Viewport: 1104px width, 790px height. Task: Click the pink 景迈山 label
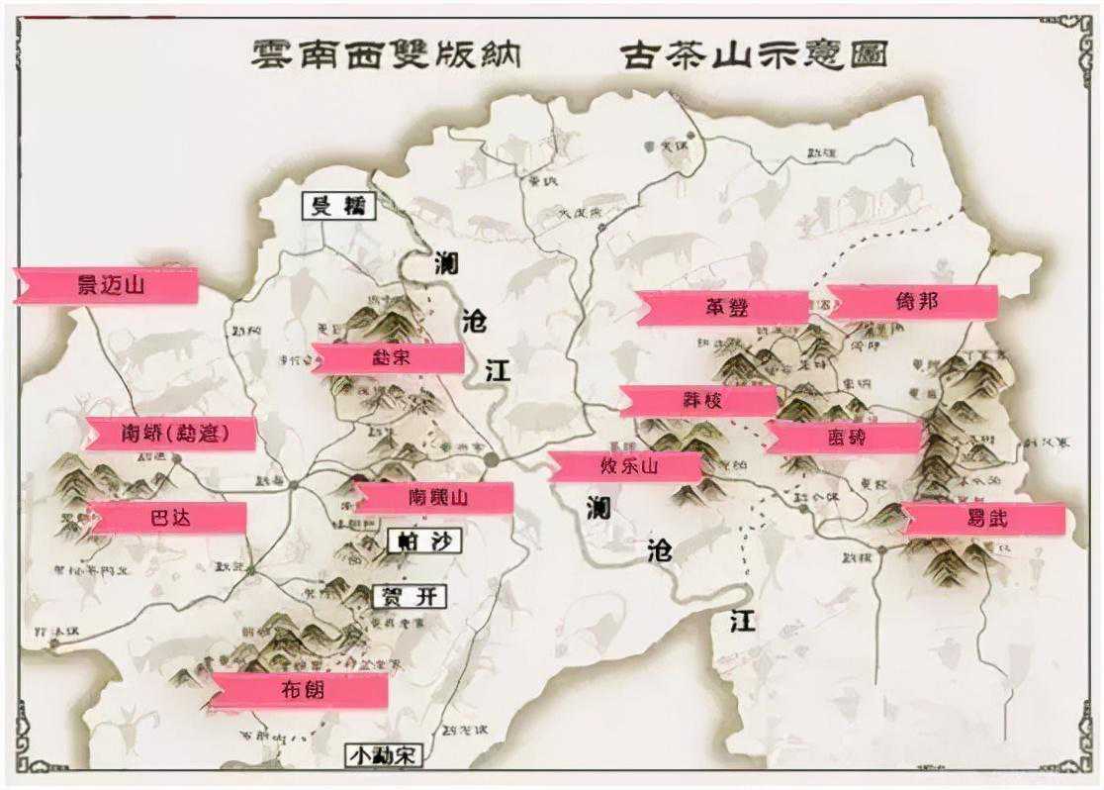click(x=109, y=285)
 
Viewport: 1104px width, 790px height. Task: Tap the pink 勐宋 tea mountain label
click(x=389, y=358)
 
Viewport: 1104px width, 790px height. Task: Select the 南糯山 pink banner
click(x=435, y=497)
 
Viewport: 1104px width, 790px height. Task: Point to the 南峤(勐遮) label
click(x=172, y=434)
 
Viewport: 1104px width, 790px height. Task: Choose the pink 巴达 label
click(x=167, y=517)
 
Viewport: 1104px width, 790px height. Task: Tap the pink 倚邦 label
click(x=912, y=302)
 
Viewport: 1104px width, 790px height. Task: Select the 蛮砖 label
click(x=845, y=437)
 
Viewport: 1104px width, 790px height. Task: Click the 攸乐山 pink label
click(x=626, y=465)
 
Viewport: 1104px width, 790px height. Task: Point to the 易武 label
click(x=984, y=518)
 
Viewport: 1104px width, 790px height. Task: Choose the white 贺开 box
click(x=409, y=597)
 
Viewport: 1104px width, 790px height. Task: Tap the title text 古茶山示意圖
click(x=754, y=53)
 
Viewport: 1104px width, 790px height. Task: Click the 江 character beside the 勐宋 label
click(x=498, y=372)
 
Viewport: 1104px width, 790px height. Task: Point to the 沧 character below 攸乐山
click(x=660, y=550)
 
